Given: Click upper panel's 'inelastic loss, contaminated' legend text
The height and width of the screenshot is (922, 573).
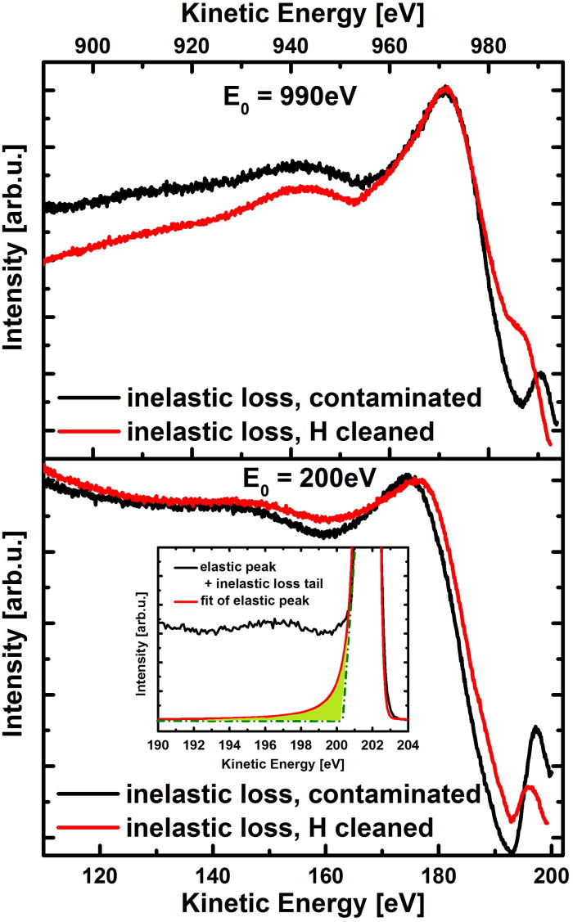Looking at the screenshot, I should pyautogui.click(x=302, y=398).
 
